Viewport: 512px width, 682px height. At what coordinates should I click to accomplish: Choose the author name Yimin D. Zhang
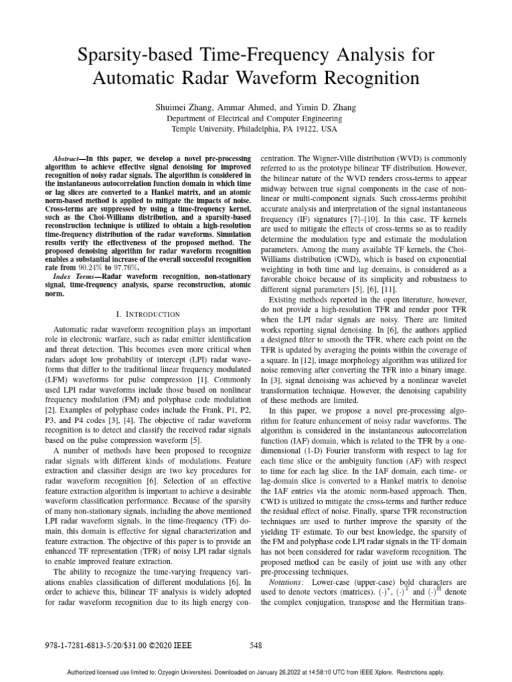(328, 106)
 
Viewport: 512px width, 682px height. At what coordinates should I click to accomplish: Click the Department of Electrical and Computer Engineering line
(256, 118)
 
